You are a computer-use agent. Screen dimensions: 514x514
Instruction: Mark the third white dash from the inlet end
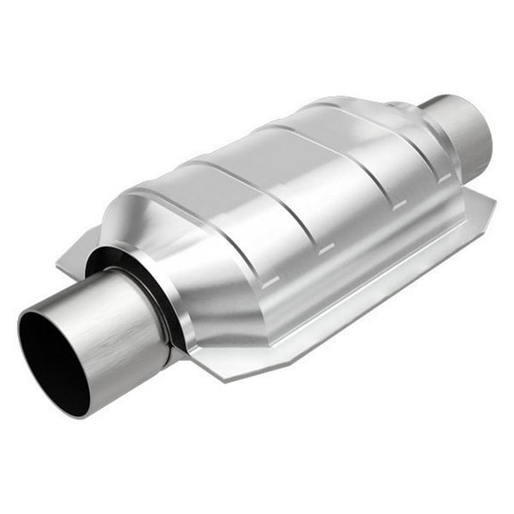click(x=399, y=204)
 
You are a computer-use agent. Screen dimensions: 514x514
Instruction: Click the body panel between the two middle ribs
click(x=326, y=192)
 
